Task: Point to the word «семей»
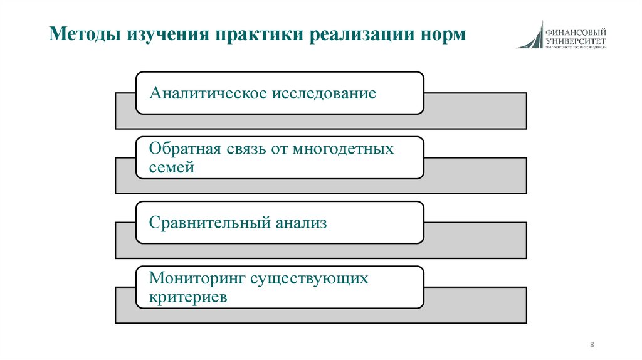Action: [172, 167]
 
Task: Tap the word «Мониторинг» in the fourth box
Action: [195, 278]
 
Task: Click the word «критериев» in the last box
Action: [188, 296]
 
